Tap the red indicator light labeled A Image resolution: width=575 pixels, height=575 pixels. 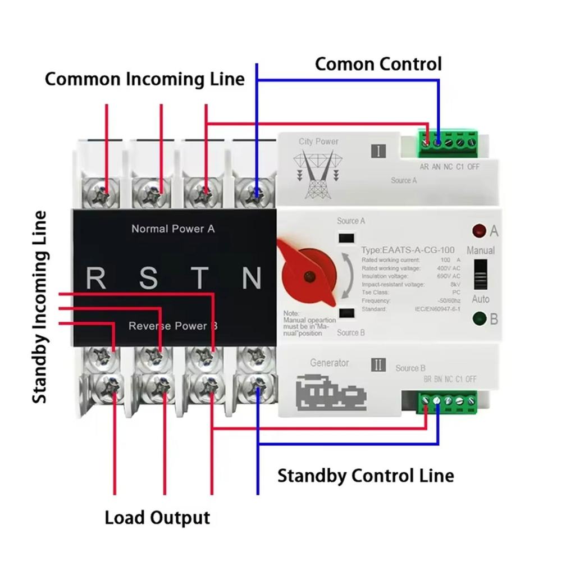pyautogui.click(x=479, y=231)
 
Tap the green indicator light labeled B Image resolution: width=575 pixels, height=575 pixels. pyautogui.click(x=479, y=319)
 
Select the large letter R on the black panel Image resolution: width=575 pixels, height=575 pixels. pyautogui.click(x=96, y=278)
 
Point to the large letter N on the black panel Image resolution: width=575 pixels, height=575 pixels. pyautogui.click(x=251, y=278)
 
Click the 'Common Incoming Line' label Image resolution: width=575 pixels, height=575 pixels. pyautogui.click(x=144, y=79)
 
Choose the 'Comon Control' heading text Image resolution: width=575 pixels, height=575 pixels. pyautogui.click(x=378, y=64)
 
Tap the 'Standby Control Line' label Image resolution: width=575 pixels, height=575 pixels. pyautogui.click(x=366, y=476)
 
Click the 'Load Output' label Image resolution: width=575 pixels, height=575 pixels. pyautogui.click(x=157, y=517)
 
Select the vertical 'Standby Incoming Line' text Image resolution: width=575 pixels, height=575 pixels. pyautogui.click(x=39, y=307)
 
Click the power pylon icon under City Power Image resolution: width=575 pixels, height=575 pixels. pyautogui.click(x=318, y=175)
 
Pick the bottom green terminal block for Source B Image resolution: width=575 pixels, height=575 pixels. pyautogui.click(x=448, y=401)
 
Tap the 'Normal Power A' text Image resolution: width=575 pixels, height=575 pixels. pyautogui.click(x=173, y=229)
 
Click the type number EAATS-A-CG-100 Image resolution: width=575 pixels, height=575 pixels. pyautogui.click(x=407, y=250)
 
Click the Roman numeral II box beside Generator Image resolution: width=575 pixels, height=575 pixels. pyautogui.click(x=379, y=365)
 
